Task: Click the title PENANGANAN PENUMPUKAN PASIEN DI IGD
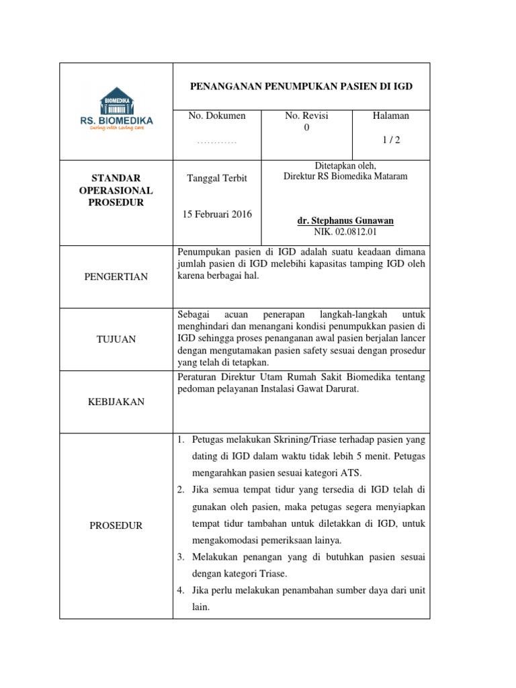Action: (301, 87)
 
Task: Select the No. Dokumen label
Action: (217, 116)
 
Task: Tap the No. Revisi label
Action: (306, 116)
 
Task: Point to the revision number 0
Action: (306, 128)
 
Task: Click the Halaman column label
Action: (390, 116)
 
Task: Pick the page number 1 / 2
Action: (390, 140)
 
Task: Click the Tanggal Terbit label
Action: (217, 178)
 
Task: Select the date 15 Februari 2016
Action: (217, 214)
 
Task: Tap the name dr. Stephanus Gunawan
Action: (345, 221)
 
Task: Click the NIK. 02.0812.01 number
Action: (345, 232)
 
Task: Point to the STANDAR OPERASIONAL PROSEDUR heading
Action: (116, 190)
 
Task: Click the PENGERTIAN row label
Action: (116, 277)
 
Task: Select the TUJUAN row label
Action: (116, 339)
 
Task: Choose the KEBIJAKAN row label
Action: (116, 402)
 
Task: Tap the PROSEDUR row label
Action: (116, 525)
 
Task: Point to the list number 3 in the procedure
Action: (181, 558)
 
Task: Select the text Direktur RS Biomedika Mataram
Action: (345, 177)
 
